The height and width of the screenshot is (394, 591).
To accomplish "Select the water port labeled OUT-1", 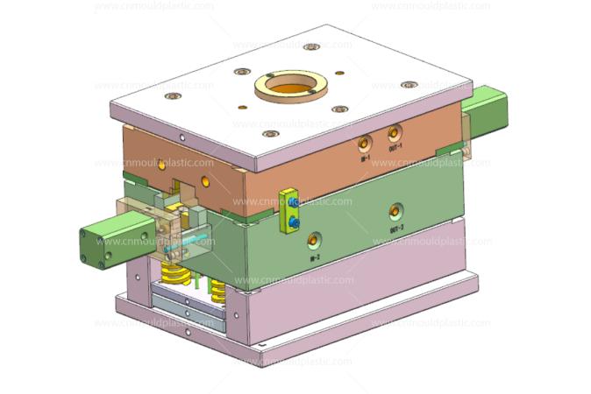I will (x=394, y=133).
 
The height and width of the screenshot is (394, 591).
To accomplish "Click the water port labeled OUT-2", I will (x=396, y=211).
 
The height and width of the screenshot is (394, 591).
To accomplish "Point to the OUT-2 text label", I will (x=396, y=229).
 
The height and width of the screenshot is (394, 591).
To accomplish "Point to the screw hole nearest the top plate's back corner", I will (x=311, y=46).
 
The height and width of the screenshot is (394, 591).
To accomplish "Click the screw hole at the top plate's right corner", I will (x=409, y=85).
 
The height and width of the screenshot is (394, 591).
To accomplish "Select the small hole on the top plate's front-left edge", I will (x=182, y=137).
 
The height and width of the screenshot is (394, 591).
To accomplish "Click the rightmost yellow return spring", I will (x=218, y=289).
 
